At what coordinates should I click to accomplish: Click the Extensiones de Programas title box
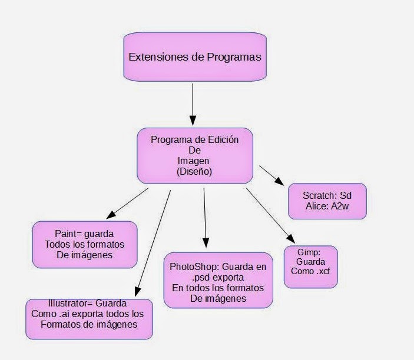click(x=194, y=57)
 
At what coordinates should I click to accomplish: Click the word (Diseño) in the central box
click(x=194, y=172)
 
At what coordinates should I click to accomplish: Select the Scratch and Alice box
click(x=327, y=201)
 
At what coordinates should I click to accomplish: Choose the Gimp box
click(x=310, y=266)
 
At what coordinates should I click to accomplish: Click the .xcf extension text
click(x=320, y=271)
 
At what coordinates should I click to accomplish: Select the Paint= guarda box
click(x=85, y=244)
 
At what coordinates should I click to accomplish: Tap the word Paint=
click(x=68, y=234)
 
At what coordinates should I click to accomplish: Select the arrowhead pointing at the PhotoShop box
click(x=206, y=243)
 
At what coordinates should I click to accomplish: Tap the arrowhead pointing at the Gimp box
click(x=291, y=238)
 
